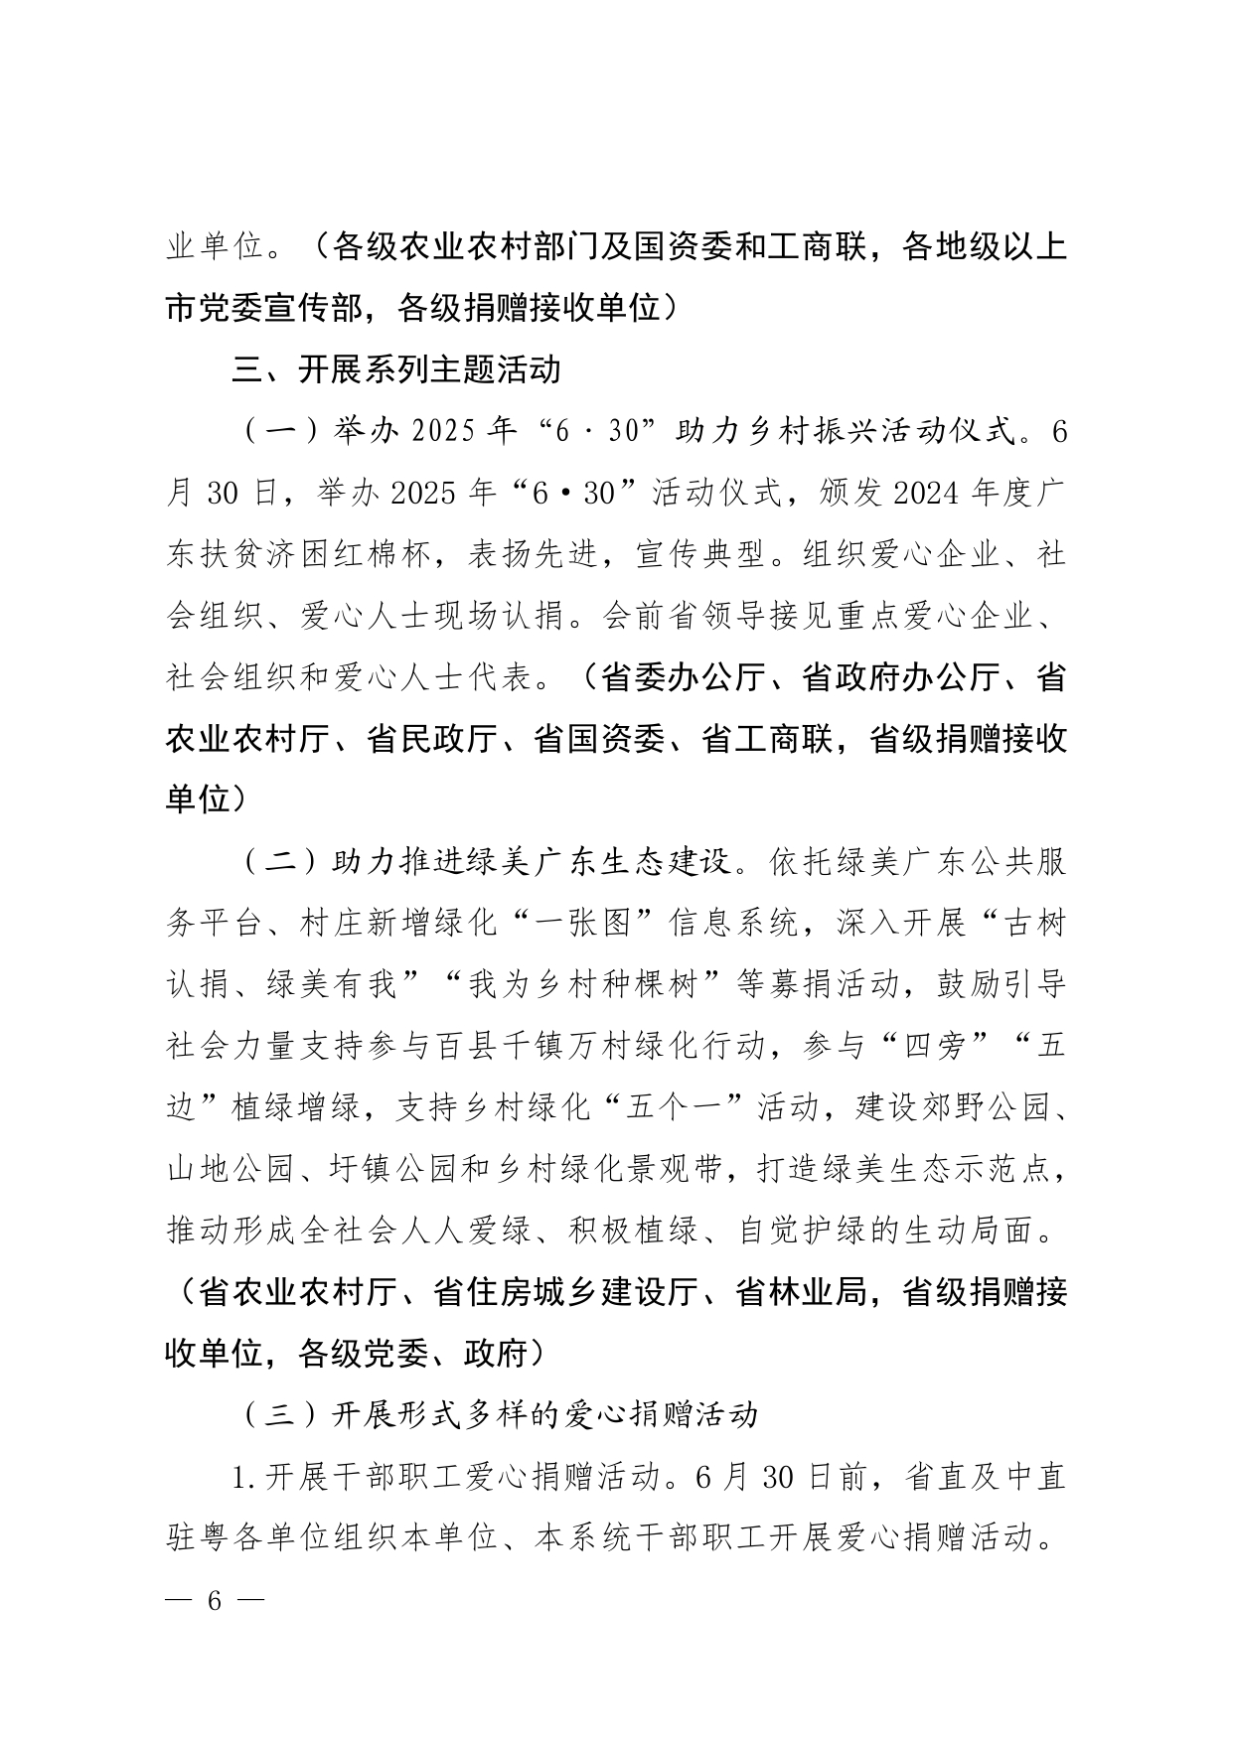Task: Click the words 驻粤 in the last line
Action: point(198,1538)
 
